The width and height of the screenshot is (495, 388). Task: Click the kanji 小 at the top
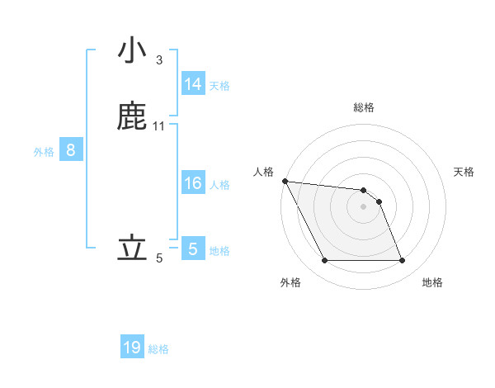pyautogui.click(x=132, y=50)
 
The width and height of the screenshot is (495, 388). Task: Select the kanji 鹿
pyautogui.click(x=132, y=116)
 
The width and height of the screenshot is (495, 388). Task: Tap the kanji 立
pyautogui.click(x=132, y=248)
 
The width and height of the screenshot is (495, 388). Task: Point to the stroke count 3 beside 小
pyautogui.click(x=159, y=60)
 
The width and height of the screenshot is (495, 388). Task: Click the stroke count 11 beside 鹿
pyautogui.click(x=159, y=126)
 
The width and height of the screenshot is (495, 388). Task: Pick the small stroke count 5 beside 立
pyautogui.click(x=159, y=258)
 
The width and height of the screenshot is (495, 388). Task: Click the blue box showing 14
pyautogui.click(x=193, y=84)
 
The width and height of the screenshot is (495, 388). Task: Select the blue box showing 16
pyautogui.click(x=193, y=183)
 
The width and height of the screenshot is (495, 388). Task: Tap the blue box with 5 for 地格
pyautogui.click(x=193, y=249)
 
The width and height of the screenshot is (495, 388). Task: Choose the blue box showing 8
pyautogui.click(x=71, y=150)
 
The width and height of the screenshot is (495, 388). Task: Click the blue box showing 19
pyautogui.click(x=132, y=348)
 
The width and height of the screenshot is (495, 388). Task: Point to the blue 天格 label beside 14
pyautogui.click(x=219, y=85)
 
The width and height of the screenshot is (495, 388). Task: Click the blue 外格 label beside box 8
pyautogui.click(x=44, y=151)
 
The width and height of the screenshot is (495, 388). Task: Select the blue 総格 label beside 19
pyautogui.click(x=158, y=348)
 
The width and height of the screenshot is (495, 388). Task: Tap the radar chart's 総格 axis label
pyautogui.click(x=364, y=107)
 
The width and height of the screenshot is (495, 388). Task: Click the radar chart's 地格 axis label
pyautogui.click(x=432, y=282)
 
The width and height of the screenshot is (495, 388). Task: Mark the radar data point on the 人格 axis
pyautogui.click(x=285, y=181)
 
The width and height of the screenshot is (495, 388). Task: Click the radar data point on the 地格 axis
pyautogui.click(x=402, y=261)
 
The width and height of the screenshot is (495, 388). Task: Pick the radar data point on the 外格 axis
pyautogui.click(x=324, y=261)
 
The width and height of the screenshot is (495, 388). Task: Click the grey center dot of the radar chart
pyautogui.click(x=363, y=206)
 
